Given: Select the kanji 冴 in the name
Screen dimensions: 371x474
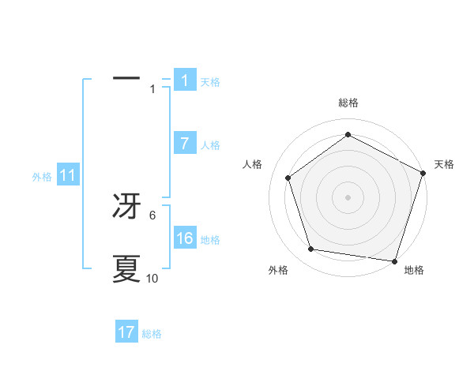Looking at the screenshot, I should click(126, 206).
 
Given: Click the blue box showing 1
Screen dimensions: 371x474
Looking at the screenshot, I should click(185, 81).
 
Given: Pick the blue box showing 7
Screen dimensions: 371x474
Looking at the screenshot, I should click(185, 144).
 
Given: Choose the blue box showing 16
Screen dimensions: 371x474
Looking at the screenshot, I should click(185, 238).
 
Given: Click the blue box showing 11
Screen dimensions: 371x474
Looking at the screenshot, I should click(68, 176).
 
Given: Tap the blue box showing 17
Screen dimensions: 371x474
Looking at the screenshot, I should click(126, 332).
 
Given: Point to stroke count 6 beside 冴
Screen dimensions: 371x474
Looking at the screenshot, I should click(152, 215).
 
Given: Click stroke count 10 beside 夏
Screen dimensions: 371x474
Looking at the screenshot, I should click(152, 279).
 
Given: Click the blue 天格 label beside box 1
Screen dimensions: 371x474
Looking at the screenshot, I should click(210, 82).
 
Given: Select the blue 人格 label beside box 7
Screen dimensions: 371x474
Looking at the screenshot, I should click(210, 145).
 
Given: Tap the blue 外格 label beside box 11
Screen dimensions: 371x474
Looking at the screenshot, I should click(42, 178).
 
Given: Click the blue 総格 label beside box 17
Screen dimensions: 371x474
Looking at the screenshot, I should click(152, 334).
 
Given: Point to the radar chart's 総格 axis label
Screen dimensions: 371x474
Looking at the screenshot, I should click(348, 103).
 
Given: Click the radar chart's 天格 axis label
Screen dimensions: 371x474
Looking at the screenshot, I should click(444, 164).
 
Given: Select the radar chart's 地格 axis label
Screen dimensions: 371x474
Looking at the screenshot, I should click(414, 270).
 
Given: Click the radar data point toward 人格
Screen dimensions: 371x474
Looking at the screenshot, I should click(288, 178).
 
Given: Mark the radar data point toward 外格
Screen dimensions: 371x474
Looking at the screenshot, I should click(311, 249).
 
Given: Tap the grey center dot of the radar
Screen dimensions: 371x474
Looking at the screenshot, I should click(348, 197).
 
